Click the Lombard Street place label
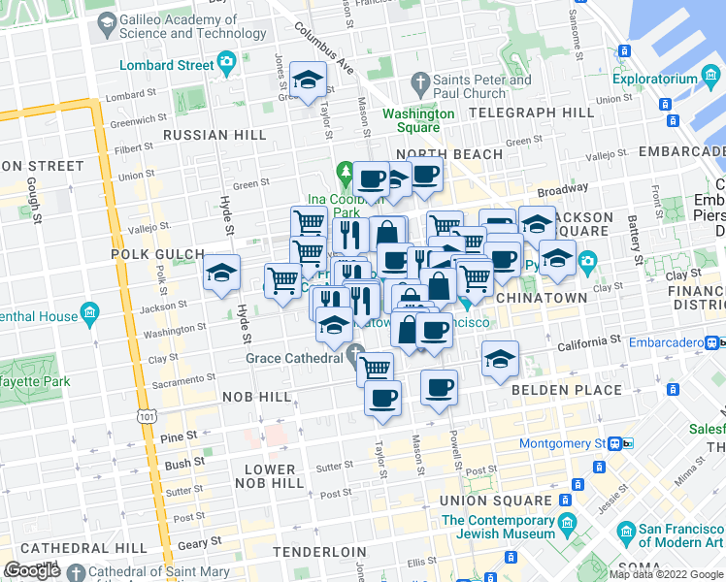[166, 65]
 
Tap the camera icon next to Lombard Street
[227, 65]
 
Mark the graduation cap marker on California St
[500, 359]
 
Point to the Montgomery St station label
[561, 443]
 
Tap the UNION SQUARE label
[496, 501]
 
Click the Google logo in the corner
[32, 570]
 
